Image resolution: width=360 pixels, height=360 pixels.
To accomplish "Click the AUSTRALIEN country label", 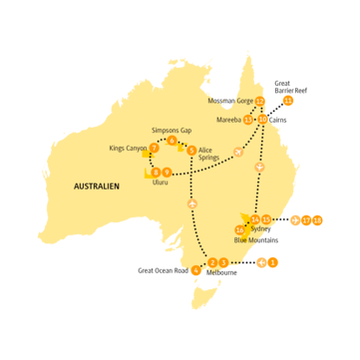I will [x=100, y=185].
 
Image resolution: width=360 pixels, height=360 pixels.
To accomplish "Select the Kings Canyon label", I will [x=128, y=149].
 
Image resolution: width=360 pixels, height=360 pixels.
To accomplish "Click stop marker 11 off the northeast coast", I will [x=289, y=101].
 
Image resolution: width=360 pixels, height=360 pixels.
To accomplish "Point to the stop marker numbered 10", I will [x=262, y=119].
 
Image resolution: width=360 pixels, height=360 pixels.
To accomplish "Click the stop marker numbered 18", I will [x=317, y=219].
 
